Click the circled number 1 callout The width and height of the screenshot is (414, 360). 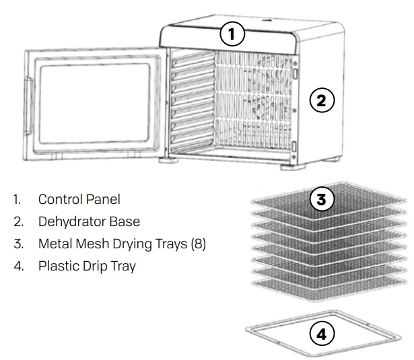[x=232, y=34]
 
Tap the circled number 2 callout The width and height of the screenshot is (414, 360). [x=322, y=101]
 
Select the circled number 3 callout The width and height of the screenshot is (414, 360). [x=322, y=200]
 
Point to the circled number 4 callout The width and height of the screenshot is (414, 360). [x=321, y=333]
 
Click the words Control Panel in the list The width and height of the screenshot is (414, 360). [x=79, y=199]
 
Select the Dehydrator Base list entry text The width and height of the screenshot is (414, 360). [x=89, y=221]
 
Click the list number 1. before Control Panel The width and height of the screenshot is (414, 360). [x=16, y=199]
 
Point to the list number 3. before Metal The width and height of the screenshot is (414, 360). [x=18, y=244]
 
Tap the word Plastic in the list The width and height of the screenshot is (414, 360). [x=58, y=266]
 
